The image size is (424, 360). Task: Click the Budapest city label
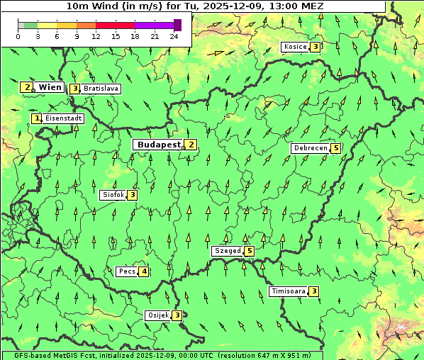click(x=159, y=145)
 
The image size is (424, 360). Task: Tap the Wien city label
click(x=50, y=87)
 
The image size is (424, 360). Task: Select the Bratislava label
click(x=99, y=89)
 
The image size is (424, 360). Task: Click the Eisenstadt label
click(x=64, y=118)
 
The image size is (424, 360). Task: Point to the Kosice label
click(x=295, y=47)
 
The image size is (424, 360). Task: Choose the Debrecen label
click(x=310, y=148)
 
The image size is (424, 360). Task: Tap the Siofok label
click(x=113, y=194)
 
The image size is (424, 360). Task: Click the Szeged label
click(x=227, y=251)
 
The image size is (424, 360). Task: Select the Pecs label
click(x=128, y=271)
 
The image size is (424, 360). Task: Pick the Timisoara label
click(x=289, y=291)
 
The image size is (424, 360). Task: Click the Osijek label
click(x=158, y=315)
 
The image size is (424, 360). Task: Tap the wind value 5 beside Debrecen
click(x=335, y=148)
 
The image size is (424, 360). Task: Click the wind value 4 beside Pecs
click(x=144, y=271)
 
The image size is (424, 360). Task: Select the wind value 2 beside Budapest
click(x=191, y=145)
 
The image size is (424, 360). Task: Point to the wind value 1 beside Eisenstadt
click(x=37, y=118)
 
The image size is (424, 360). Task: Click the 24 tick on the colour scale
click(x=174, y=36)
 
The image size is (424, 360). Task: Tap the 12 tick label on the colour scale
click(x=96, y=36)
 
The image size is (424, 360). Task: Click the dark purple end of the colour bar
click(x=177, y=25)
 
